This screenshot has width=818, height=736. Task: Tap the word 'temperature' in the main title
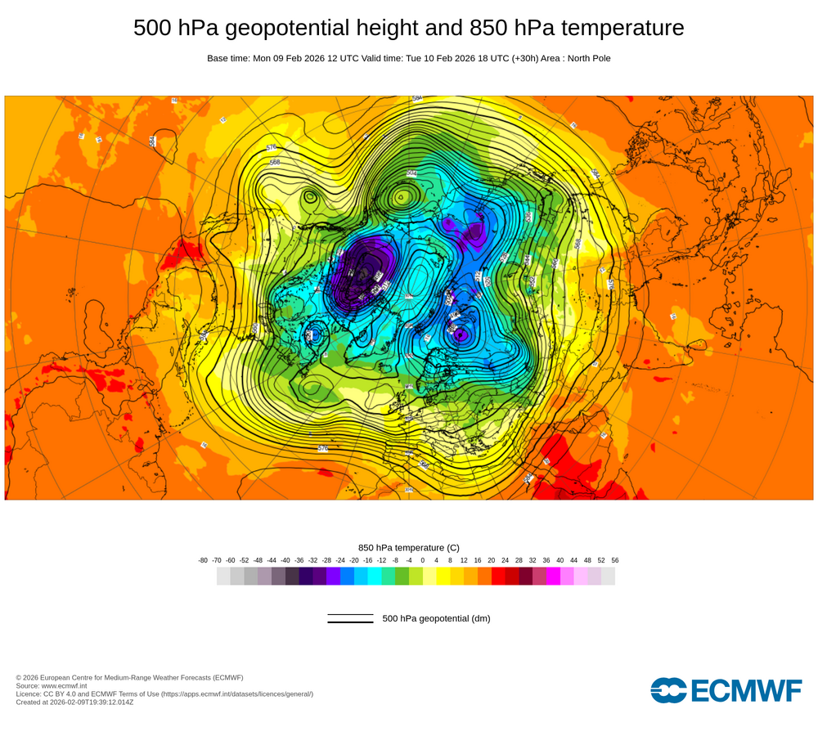[619, 29]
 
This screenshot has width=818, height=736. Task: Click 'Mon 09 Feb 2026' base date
[290, 58]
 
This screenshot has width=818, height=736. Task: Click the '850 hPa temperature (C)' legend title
[409, 547]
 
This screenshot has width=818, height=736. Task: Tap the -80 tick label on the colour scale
[203, 560]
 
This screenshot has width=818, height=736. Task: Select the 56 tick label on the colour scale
[615, 560]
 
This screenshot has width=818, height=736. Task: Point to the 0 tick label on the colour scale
[423, 560]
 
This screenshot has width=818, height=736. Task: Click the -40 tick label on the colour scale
[285, 560]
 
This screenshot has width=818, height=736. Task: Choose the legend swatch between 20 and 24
[498, 576]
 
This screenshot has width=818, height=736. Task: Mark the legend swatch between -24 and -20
[347, 576]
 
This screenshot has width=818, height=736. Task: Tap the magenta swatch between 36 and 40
[553, 576]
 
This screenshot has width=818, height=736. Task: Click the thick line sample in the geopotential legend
[350, 622]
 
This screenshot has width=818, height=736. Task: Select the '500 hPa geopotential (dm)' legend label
[436, 618]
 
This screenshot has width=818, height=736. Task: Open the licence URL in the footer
[236, 693]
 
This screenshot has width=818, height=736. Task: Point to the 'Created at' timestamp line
[74, 702]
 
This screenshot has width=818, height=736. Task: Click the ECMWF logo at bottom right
[726, 690]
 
